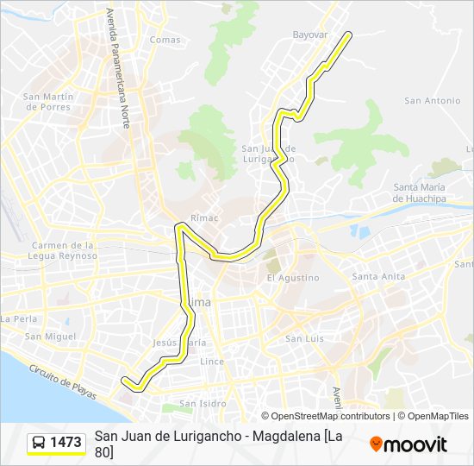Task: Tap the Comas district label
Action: pos(165,40)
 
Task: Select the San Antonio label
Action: pos(432,101)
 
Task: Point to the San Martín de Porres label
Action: pos(47,101)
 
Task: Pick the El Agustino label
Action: pos(292,278)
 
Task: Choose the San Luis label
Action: pos(304,338)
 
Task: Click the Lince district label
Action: pos(212,362)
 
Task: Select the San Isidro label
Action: pos(203,403)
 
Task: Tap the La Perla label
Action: pos(18,318)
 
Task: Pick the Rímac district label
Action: pos(206,218)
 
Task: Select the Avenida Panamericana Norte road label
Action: pos(117,68)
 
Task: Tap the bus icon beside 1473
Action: pos(39,443)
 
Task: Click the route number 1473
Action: pos(66,443)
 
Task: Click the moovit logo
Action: pos(409,444)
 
